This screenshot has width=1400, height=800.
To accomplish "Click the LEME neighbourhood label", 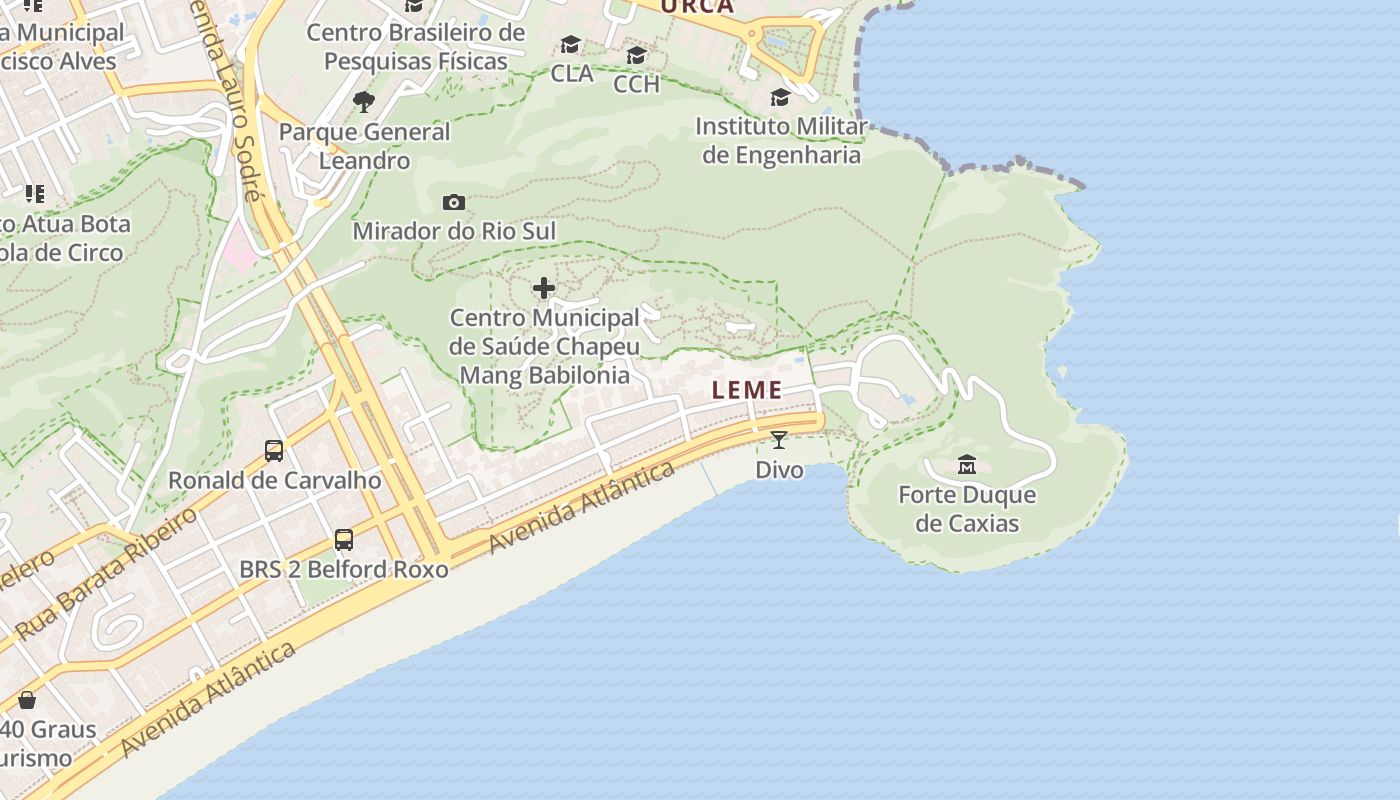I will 747,391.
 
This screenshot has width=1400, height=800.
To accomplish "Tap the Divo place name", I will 779,469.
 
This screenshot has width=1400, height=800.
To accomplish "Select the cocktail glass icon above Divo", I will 779,439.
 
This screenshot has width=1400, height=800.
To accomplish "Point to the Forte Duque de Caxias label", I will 967,509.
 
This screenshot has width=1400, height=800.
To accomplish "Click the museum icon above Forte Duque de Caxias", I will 967,465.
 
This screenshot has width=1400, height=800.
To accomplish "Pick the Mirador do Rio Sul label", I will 454,231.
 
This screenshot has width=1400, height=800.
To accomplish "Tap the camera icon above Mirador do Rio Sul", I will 454,203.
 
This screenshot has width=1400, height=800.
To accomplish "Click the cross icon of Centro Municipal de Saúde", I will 544,289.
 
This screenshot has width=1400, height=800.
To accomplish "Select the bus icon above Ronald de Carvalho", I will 274,451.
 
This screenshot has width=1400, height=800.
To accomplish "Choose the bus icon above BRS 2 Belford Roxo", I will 344,540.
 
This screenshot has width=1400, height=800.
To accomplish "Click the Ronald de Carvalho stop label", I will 274,480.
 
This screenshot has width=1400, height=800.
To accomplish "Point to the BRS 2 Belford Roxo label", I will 344,569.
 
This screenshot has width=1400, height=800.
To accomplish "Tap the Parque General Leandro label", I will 364,146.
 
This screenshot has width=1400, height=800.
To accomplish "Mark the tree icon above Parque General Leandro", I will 364,101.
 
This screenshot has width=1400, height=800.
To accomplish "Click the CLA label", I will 572,73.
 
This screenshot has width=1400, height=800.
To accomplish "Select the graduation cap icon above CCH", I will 636,55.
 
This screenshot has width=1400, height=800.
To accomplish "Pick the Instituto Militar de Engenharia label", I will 781,141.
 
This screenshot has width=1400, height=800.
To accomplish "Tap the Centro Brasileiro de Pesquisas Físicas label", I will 415,46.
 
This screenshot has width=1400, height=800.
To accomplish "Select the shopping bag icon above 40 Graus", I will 27,700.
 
